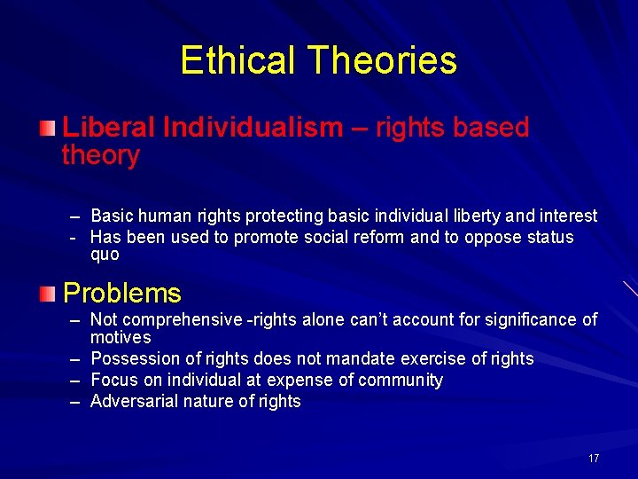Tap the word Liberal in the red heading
[109, 128]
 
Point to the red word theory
[100, 156]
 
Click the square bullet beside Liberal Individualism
[50, 129]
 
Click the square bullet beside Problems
[50, 292]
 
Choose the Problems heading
[121, 293]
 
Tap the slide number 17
[593, 459]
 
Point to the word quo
[105, 255]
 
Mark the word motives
[121, 338]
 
